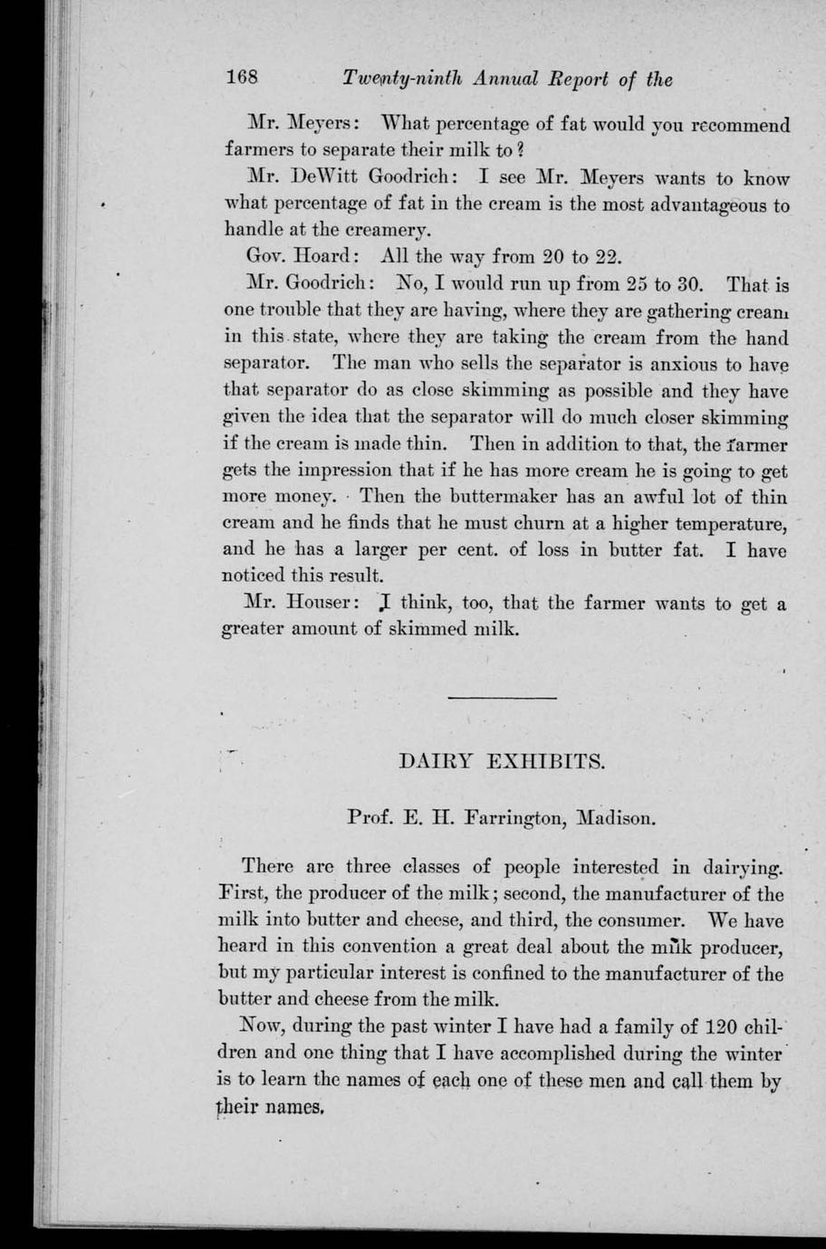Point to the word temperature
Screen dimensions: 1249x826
click(730, 524)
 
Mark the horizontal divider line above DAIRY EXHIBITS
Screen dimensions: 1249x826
click(502, 698)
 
